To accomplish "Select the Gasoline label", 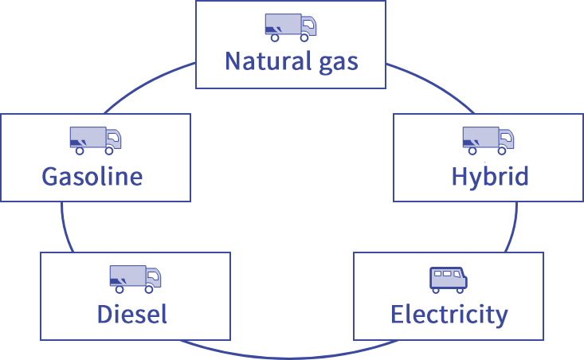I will tap(92, 176).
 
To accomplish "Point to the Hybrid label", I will tap(489, 176).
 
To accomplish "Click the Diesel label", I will tap(132, 315).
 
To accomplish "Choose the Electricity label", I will tap(449, 315).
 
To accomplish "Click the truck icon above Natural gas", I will tap(291, 26).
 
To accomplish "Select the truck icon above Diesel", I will tap(135, 277).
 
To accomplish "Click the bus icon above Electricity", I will tap(449, 278).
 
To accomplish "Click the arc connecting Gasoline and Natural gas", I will tap(143, 88).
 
